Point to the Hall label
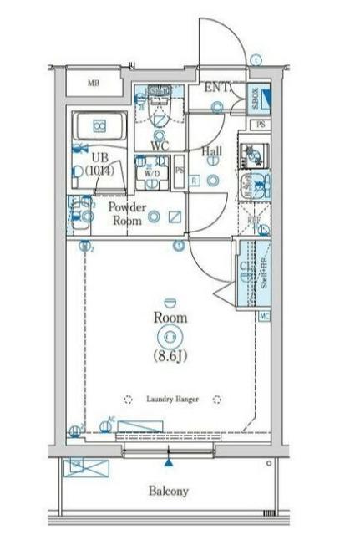click(x=212, y=151)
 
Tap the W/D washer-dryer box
click(x=153, y=170)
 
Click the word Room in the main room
click(x=170, y=318)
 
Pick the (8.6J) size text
click(x=170, y=355)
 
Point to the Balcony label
click(x=169, y=492)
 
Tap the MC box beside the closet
click(x=264, y=315)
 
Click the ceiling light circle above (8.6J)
click(x=170, y=337)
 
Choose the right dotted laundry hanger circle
click(x=216, y=399)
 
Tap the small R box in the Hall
click(x=195, y=181)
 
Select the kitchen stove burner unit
click(x=250, y=153)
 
